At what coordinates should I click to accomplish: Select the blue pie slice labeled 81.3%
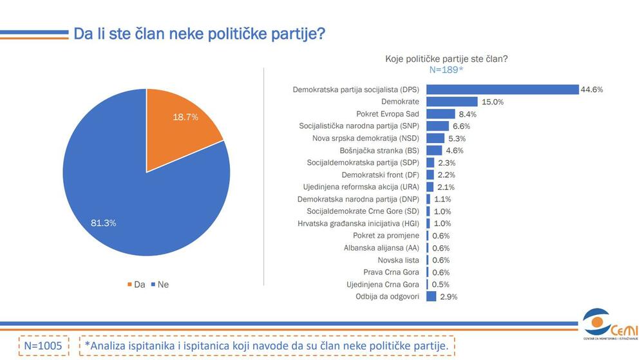129,206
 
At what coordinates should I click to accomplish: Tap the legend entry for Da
135,284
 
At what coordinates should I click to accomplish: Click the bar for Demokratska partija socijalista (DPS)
502,90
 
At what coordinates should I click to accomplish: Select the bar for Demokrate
451,102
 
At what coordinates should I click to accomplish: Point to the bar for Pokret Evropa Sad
440,114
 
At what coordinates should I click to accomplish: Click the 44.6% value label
592,90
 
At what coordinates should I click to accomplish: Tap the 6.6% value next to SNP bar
461,126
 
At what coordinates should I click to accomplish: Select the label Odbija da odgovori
388,296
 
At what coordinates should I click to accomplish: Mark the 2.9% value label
448,296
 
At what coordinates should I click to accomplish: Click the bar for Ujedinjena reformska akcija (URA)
430,187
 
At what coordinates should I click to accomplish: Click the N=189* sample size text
446,70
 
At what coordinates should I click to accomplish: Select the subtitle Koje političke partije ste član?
446,58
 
